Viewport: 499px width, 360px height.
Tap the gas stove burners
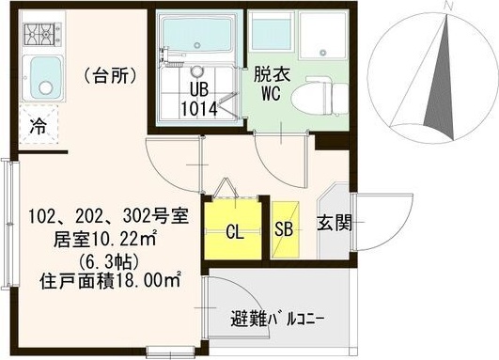(40, 37)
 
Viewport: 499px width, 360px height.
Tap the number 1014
(198, 108)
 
